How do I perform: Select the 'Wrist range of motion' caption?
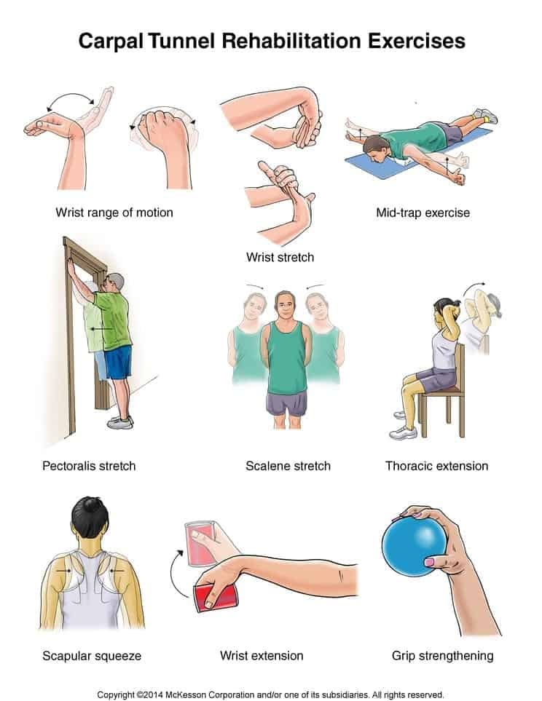[x=114, y=213]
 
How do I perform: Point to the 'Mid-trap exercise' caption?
[x=423, y=213]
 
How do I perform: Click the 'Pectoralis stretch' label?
[x=89, y=465]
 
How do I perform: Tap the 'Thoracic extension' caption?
[x=436, y=465]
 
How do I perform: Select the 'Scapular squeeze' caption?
[x=92, y=656]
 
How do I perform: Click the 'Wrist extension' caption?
[x=262, y=656]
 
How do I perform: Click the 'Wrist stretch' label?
[x=280, y=257]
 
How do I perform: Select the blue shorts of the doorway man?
[x=118, y=362]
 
